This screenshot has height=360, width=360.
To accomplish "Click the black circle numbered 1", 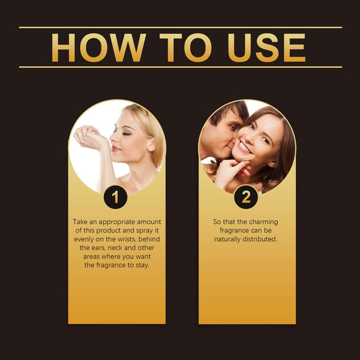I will [116, 197].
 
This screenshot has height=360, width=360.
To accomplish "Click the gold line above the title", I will [180, 27].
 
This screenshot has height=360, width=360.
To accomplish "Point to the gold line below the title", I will [180, 67].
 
